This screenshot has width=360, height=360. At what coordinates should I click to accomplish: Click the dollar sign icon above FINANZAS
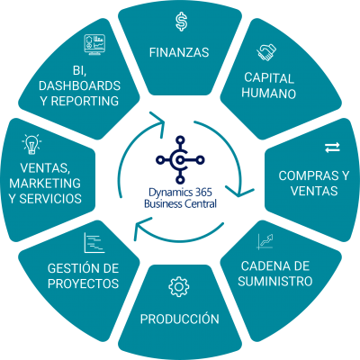pos(182,22)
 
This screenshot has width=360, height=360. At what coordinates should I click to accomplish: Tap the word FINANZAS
pos(179,52)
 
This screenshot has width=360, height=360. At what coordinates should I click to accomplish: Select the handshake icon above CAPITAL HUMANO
pos(266,52)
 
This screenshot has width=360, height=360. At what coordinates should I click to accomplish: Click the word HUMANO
pos(269,94)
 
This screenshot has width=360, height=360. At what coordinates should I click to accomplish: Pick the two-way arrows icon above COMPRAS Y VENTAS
pos(332,148)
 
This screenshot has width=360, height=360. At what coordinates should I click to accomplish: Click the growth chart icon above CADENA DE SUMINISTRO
pos(265,242)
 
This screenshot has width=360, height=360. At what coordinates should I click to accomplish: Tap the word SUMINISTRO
pos(275,282)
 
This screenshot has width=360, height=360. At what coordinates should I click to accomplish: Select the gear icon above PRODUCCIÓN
pos(179,287)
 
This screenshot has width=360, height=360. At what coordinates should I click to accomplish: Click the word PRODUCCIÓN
pos(180,319)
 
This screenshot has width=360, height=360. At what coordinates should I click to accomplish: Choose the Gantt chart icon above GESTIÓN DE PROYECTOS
pos(94,242)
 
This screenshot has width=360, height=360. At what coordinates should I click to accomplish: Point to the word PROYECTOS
pos(83,283)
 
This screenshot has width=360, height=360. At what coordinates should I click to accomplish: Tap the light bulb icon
pos(31,144)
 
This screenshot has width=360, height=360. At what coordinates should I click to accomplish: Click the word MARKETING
pos(45,184)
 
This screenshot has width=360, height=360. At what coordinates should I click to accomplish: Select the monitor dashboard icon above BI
pos(94,44)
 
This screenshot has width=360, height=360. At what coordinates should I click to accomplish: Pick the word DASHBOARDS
pos(79,85)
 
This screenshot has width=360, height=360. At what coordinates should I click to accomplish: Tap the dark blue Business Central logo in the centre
pos(180,159)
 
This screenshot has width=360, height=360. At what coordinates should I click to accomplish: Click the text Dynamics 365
pos(180,193)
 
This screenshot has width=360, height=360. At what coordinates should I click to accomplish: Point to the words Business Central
pos(180,204)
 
